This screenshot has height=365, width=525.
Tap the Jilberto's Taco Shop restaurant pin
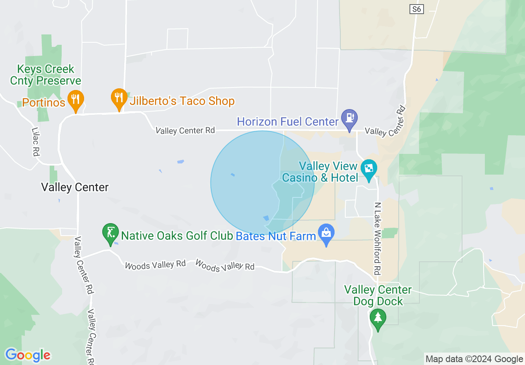[119, 98]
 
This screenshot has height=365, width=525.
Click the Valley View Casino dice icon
[368, 169]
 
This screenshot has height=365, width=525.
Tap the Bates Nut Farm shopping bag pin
[326, 233]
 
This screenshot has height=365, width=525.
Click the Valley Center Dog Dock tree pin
[378, 318]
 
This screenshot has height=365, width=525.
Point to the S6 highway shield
[417, 9]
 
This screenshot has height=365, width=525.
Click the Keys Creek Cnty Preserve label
[46, 75]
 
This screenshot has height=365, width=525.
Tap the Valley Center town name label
[75, 187]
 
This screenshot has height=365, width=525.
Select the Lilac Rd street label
[35, 141]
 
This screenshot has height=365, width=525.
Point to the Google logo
[28, 355]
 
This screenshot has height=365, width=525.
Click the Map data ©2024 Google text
[474, 359]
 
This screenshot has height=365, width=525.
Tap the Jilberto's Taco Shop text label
[182, 101]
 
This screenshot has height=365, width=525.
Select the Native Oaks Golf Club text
[177, 236]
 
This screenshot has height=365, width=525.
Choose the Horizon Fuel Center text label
[288, 122]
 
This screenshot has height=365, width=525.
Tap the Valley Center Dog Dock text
[378, 295]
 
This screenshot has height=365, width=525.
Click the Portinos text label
[44, 102]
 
